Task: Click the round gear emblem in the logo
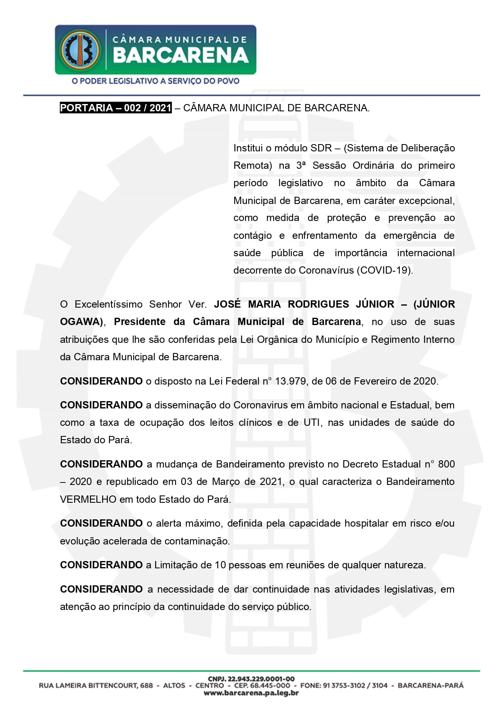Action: (80, 49)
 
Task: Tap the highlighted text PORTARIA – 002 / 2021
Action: (116, 108)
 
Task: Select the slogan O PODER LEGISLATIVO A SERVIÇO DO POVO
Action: (155, 81)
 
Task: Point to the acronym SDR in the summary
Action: (321, 148)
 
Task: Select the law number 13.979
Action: (291, 381)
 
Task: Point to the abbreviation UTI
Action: (313, 423)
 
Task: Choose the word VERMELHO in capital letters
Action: (88, 500)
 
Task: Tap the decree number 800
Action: (446, 464)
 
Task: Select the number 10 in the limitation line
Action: (220, 565)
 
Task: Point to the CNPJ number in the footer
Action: (251, 679)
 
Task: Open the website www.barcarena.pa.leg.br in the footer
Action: (251, 693)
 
